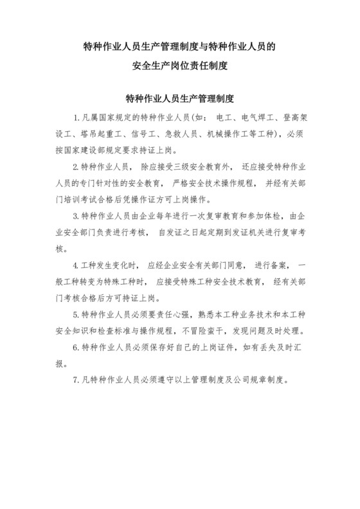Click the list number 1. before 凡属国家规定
pyautogui.click(x=77, y=119)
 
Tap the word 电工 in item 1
pyautogui.click(x=225, y=119)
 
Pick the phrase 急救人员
pyautogui.click(x=184, y=134)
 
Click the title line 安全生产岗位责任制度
pyautogui.click(x=180, y=65)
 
